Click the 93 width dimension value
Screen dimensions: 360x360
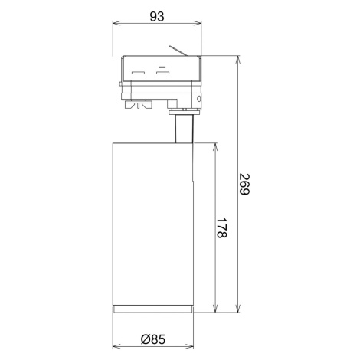pyautogui.click(x=157, y=17)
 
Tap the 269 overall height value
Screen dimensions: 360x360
pyautogui.click(x=244, y=185)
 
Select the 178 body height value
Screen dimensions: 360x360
pyautogui.click(x=221, y=227)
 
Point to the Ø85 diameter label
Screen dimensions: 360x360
pyautogui.click(x=153, y=339)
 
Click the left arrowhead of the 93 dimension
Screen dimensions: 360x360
pyautogui.click(x=116, y=23)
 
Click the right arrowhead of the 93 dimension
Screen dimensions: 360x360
pyautogui.click(x=198, y=23)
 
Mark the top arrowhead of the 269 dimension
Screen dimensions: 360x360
pyautogui.click(x=238, y=60)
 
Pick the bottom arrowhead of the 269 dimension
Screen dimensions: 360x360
pyautogui.click(x=238, y=308)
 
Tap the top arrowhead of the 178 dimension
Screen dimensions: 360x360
pyautogui.click(x=216, y=147)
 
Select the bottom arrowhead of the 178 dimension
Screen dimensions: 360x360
pyautogui.click(x=216, y=308)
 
